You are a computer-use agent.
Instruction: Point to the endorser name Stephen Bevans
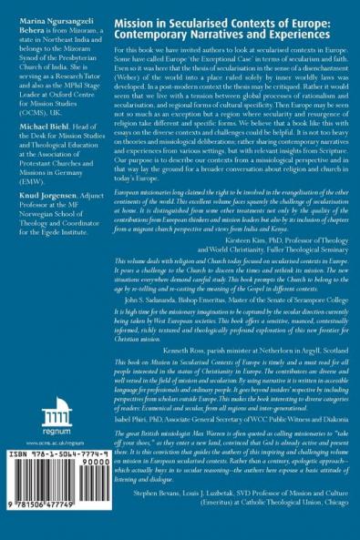point(171,516)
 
